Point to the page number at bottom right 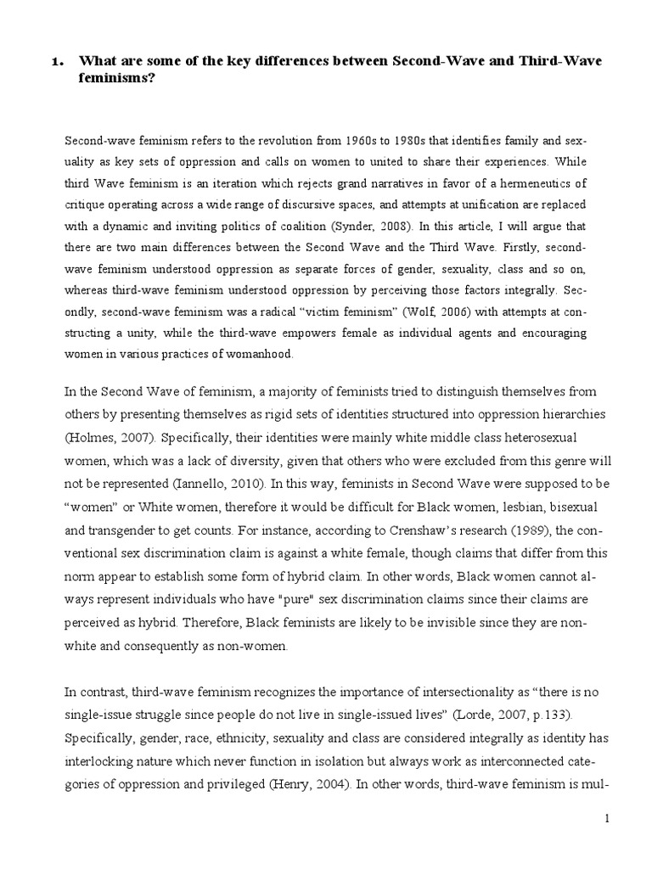tap(607, 818)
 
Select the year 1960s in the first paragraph tap(285, 138)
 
